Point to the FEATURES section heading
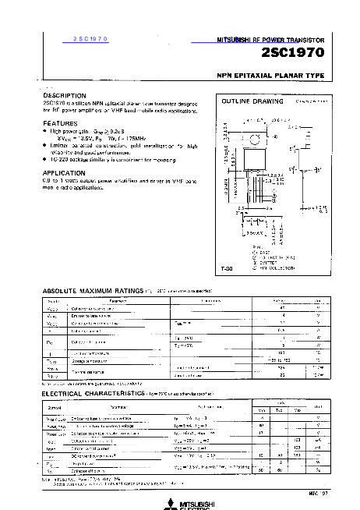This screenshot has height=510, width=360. tap(60, 123)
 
